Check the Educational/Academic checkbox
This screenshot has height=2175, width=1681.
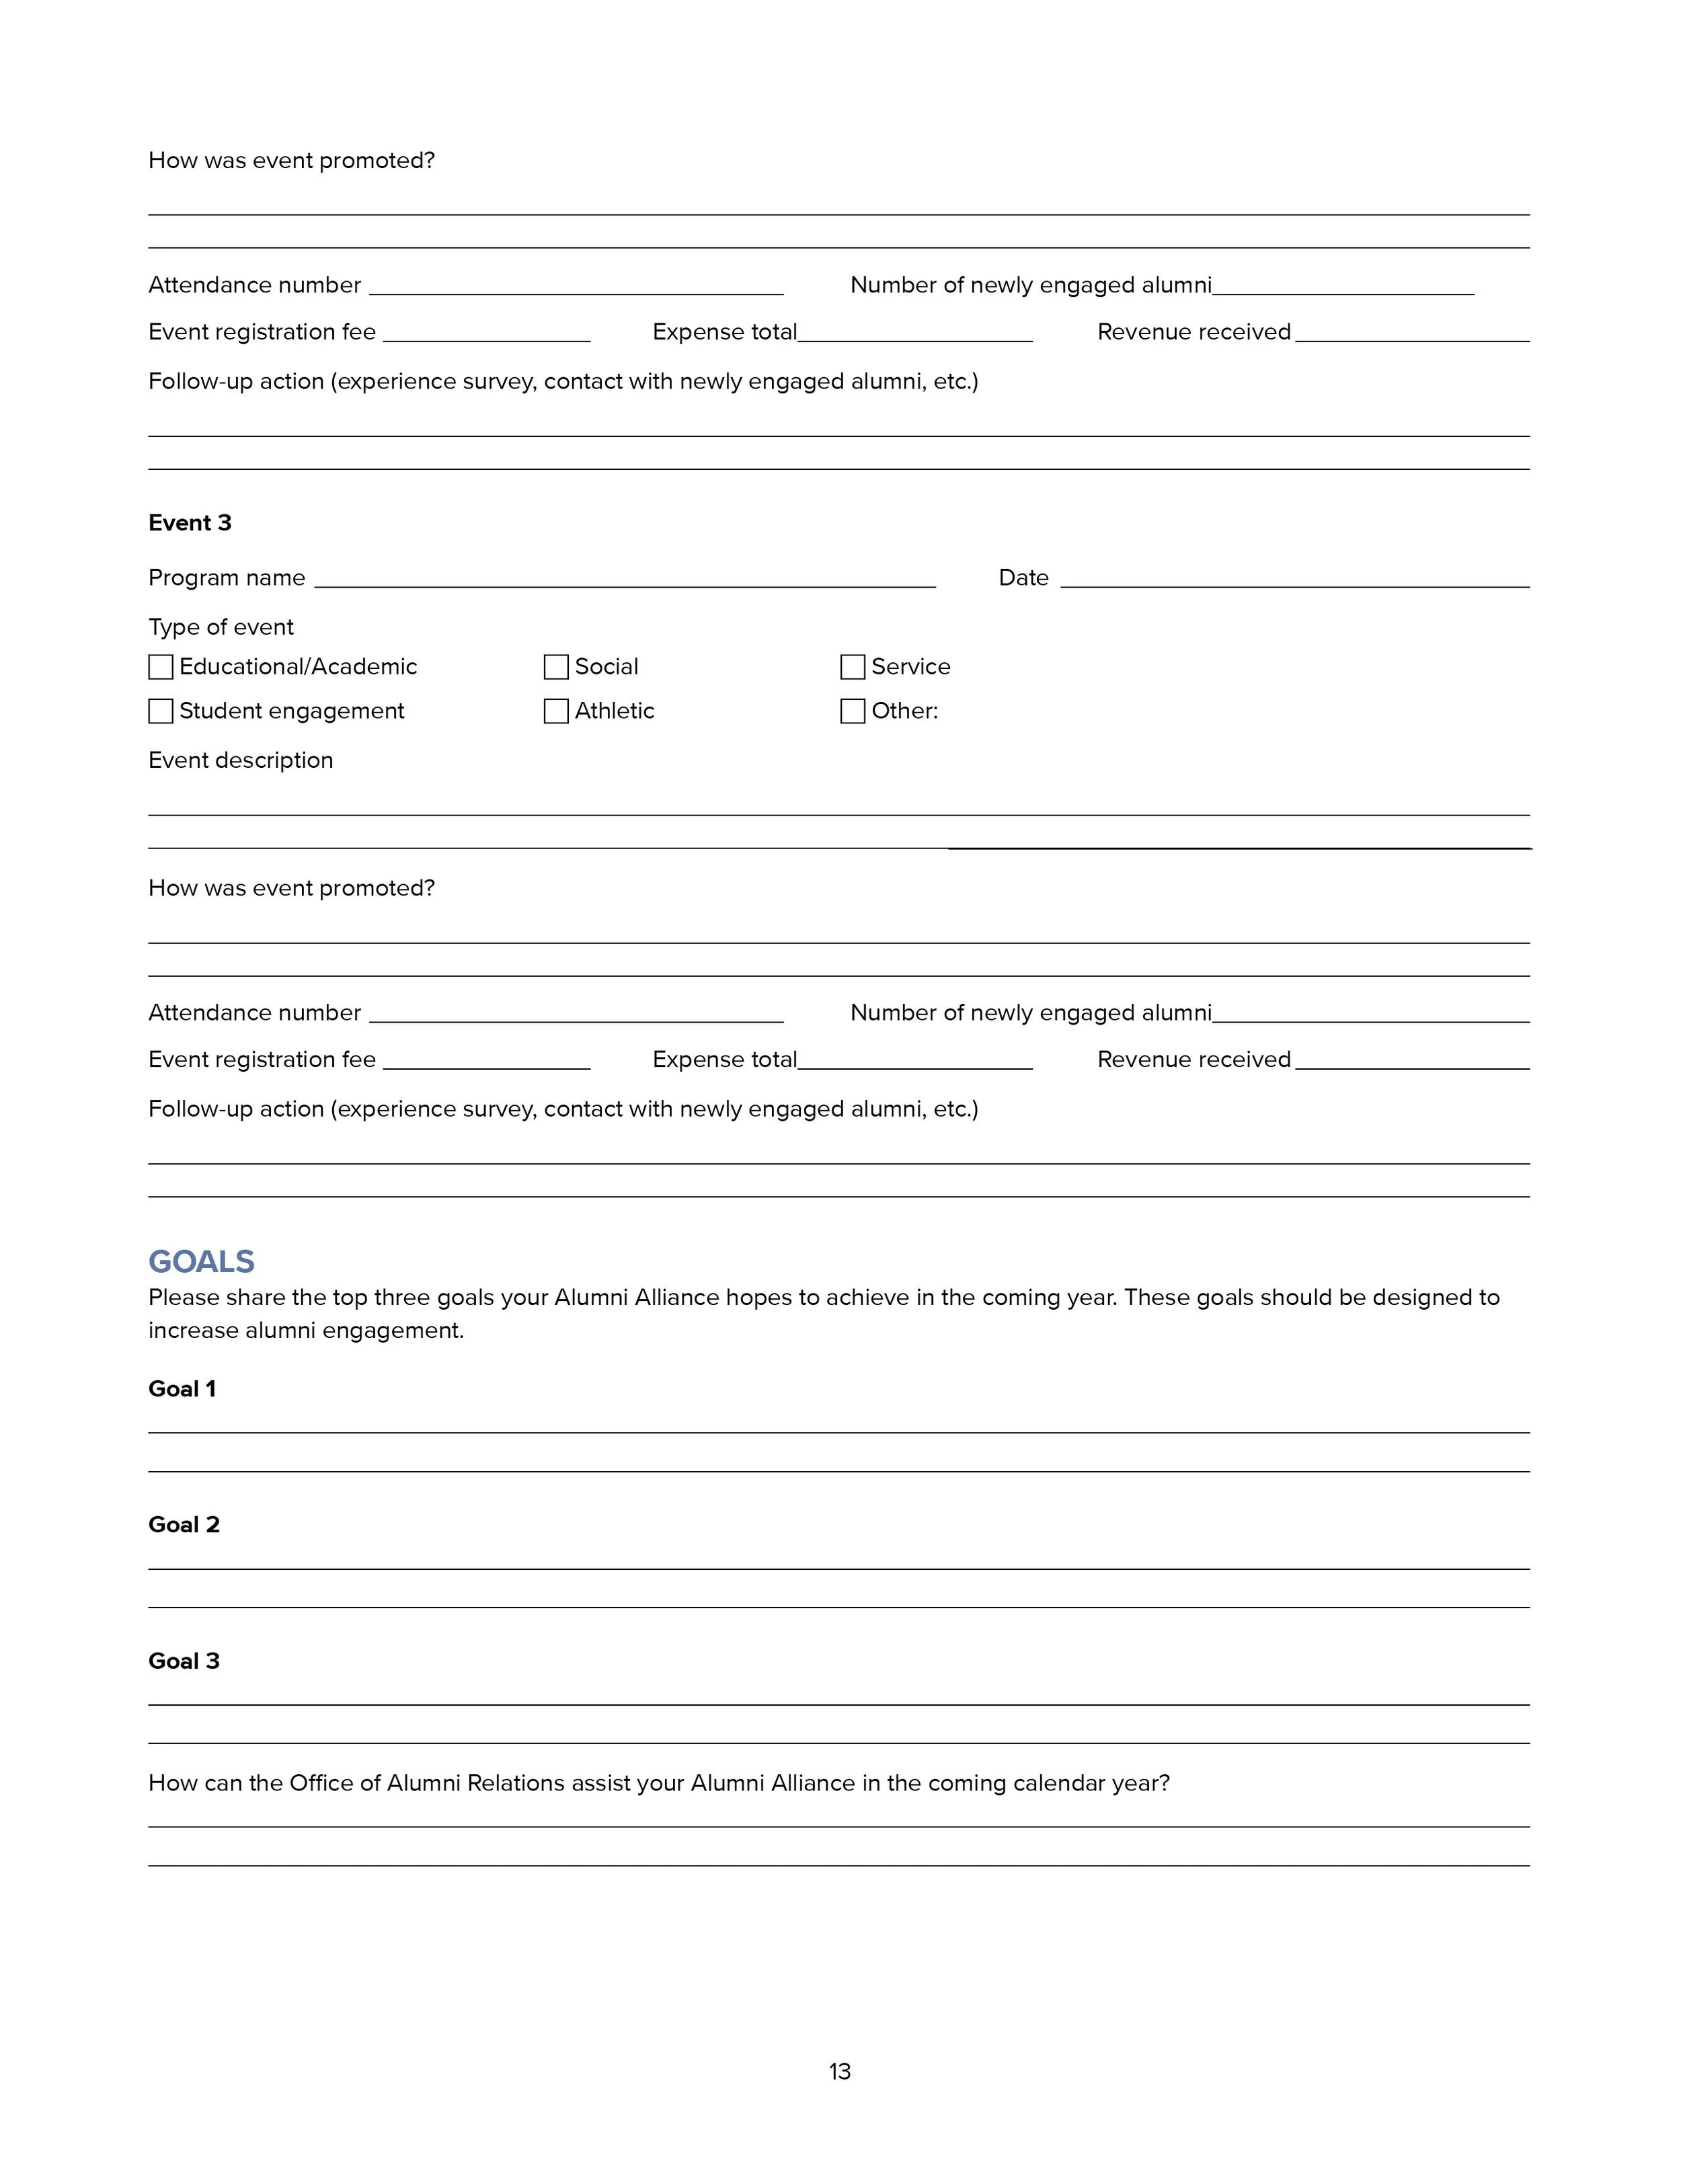160,667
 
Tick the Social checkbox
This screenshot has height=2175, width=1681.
555,667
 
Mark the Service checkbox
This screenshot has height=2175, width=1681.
853,667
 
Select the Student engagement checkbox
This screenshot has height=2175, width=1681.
160,711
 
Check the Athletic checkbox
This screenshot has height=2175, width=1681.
555,711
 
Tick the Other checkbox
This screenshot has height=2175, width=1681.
853,711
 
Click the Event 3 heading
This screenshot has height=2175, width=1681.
189,523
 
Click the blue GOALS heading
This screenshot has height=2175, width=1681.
201,1262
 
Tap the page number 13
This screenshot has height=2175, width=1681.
840,2071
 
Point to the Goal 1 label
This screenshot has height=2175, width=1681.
182,1389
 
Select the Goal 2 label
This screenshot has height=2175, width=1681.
184,1525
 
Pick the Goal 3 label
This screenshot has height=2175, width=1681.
184,1661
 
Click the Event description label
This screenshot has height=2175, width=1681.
241,761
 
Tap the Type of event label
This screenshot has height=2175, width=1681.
221,627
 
